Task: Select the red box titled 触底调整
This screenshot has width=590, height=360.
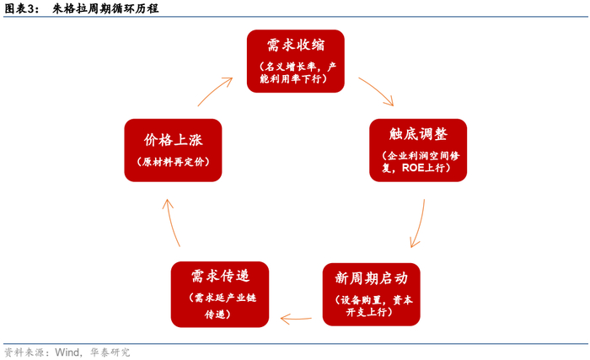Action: (419, 150)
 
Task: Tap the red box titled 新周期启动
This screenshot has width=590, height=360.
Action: (371, 294)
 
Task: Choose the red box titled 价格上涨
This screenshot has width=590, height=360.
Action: (173, 150)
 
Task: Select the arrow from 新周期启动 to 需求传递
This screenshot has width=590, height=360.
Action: (296, 319)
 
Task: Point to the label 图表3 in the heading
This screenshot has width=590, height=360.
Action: (20, 9)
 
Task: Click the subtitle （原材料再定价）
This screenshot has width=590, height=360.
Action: (173, 162)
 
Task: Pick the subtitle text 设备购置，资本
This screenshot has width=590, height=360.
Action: (371, 299)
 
